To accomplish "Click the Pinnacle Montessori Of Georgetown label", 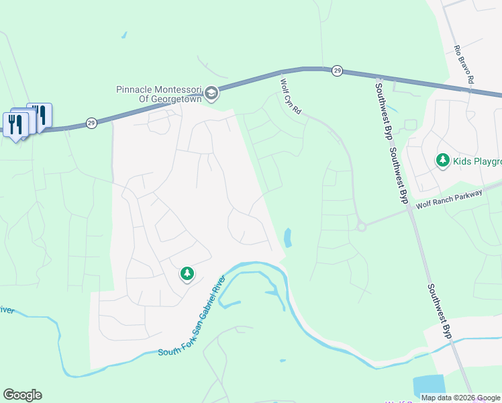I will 158,94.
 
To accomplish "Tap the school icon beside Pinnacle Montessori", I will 211,93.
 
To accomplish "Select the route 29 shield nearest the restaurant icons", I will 91,123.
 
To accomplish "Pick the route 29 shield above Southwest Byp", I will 338,71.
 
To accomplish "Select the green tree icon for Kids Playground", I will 442,160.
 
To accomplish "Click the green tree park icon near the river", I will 187,273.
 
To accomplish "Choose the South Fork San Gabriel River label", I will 191,315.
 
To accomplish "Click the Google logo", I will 22,395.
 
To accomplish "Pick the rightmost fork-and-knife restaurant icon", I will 40,116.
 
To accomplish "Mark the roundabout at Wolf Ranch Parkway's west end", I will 361,226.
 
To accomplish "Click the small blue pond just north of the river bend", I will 288,238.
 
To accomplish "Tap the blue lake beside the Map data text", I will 428,386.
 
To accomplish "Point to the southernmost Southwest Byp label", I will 437,310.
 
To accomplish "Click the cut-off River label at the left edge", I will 6,310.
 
